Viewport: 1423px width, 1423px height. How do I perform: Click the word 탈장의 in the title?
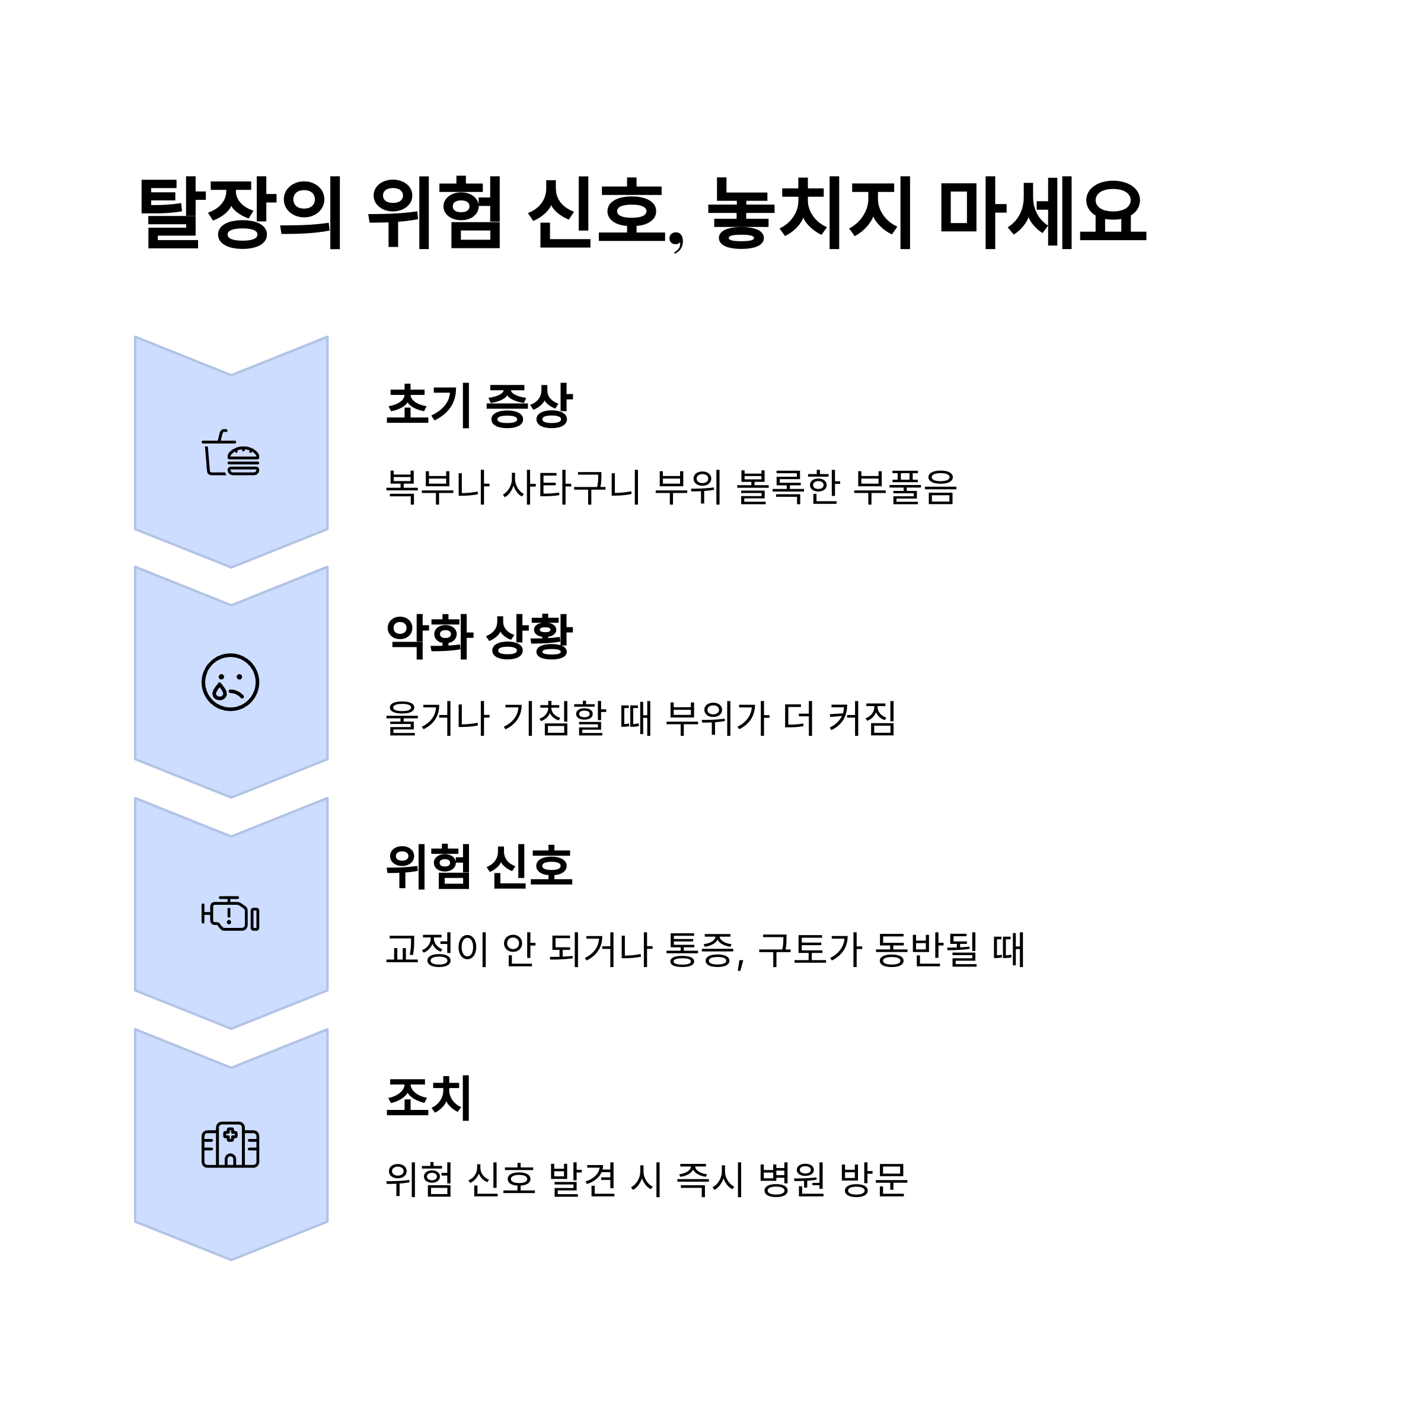(240, 213)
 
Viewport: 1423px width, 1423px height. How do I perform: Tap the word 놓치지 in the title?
(810, 213)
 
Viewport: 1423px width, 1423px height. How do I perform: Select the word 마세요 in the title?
(1043, 213)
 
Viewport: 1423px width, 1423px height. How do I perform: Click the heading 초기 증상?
(478, 405)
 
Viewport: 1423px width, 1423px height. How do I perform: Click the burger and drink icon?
(231, 453)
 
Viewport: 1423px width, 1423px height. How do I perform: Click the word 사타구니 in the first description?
(572, 487)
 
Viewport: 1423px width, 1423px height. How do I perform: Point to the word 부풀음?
(904, 487)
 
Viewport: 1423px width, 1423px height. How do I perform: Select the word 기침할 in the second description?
(553, 718)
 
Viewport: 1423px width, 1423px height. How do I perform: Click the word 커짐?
(862, 718)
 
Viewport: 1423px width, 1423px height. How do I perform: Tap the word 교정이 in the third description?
(438, 949)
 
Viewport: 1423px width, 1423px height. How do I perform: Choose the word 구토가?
(809, 949)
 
